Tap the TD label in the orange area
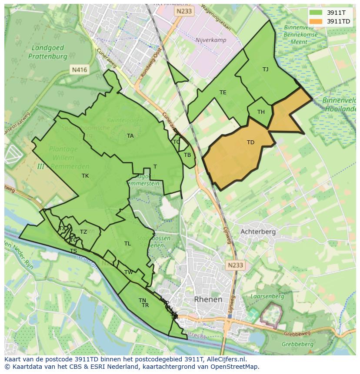(x=250, y=142)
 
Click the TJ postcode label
(x=265, y=70)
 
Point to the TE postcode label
(x=223, y=93)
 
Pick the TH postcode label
(x=261, y=112)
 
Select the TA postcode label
(x=130, y=136)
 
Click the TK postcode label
(x=85, y=176)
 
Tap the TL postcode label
(x=127, y=244)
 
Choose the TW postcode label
(x=129, y=272)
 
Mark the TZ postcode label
(x=83, y=232)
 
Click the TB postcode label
(x=187, y=155)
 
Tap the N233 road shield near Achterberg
(x=235, y=264)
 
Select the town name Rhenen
(x=208, y=299)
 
